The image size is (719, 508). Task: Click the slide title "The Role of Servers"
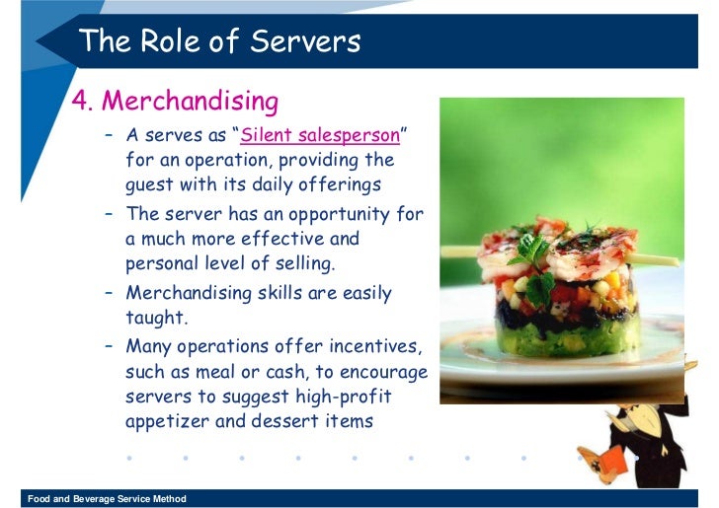coord(219,41)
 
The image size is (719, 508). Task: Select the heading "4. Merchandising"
coord(175,101)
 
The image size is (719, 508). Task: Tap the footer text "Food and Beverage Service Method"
coord(107,499)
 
